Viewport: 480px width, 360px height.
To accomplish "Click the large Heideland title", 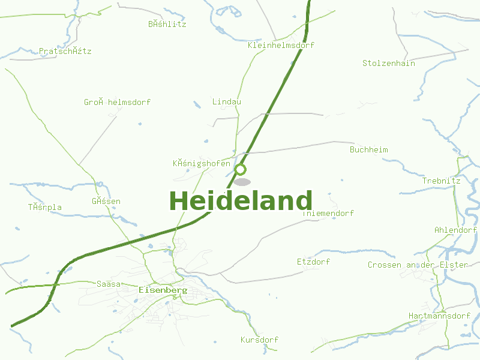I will [241, 201].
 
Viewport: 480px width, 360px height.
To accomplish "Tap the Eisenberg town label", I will [163, 290].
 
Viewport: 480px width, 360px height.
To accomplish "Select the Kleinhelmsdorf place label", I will [281, 45].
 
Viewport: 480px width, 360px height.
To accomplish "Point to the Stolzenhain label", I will [389, 63].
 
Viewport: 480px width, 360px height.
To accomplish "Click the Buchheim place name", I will [369, 149].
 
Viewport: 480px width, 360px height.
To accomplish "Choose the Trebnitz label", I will [441, 181].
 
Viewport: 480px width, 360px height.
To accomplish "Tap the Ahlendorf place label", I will [455, 230].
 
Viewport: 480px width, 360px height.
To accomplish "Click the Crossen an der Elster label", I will [418, 265].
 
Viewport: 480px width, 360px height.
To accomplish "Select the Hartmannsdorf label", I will [439, 316].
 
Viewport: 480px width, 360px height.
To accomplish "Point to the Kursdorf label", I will [259, 340].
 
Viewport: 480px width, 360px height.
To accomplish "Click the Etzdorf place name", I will [313, 262].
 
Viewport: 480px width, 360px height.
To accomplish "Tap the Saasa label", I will [109, 284].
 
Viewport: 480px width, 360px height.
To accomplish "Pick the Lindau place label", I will [227, 101].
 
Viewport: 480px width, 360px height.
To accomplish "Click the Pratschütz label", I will [65, 51].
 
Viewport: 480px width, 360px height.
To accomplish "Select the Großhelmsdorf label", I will [117, 102].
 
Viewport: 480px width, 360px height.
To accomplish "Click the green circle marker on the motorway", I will [241, 169].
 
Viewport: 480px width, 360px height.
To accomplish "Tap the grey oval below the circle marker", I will [242, 182].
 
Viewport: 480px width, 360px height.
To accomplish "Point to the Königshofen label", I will [201, 163].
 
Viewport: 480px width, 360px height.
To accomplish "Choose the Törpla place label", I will [45, 207].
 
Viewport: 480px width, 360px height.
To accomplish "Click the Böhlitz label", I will [167, 24].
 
